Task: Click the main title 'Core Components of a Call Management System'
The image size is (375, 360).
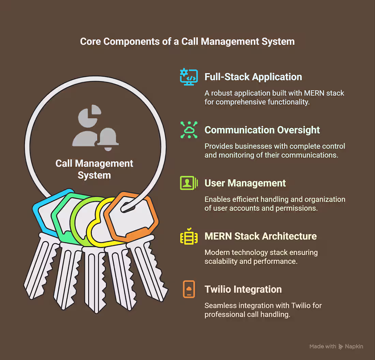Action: click(x=187, y=42)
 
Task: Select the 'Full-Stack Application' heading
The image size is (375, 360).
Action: click(x=253, y=77)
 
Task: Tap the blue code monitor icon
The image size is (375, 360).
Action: click(x=189, y=77)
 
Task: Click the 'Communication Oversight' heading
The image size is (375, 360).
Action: click(x=262, y=130)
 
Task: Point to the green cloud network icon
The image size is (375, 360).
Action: click(x=189, y=130)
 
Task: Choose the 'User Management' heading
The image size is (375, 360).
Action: click(x=245, y=183)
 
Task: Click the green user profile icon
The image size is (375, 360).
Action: click(x=189, y=183)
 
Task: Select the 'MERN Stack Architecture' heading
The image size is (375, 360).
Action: click(x=260, y=236)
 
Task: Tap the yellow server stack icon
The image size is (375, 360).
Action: click(x=189, y=236)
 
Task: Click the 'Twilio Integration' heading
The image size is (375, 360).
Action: click(x=243, y=289)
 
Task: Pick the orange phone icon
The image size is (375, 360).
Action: click(x=189, y=289)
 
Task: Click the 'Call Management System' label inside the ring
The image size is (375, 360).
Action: click(x=94, y=169)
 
